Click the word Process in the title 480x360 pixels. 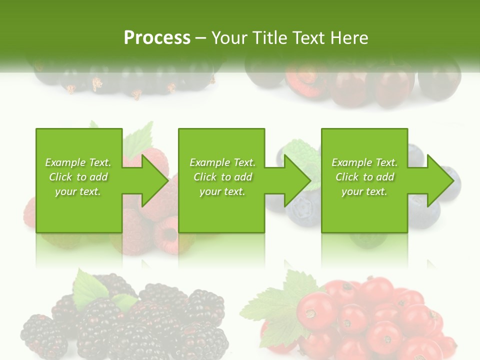[157, 37]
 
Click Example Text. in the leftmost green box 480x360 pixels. [78, 162]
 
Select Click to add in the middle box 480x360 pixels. [222, 177]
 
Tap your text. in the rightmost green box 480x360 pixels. [364, 191]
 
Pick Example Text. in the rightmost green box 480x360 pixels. [364, 162]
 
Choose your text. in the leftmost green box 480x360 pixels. [78, 191]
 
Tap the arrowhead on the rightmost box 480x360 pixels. [440, 180]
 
